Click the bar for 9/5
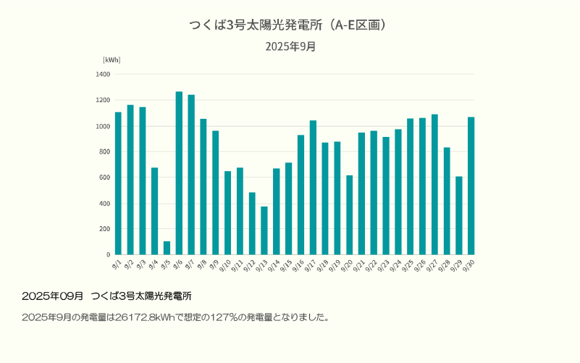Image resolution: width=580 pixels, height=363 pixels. click(167, 248)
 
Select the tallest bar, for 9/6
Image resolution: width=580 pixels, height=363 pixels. click(179, 173)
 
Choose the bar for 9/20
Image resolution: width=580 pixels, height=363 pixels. click(349, 214)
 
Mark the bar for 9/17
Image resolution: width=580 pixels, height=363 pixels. click(313, 188)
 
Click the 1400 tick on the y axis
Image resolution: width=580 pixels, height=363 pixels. click(103, 74)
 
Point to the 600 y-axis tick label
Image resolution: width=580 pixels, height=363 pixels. click(104, 178)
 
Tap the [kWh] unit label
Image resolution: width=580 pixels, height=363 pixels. click(112, 59)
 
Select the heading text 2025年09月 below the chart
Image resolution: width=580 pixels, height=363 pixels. click(53, 296)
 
